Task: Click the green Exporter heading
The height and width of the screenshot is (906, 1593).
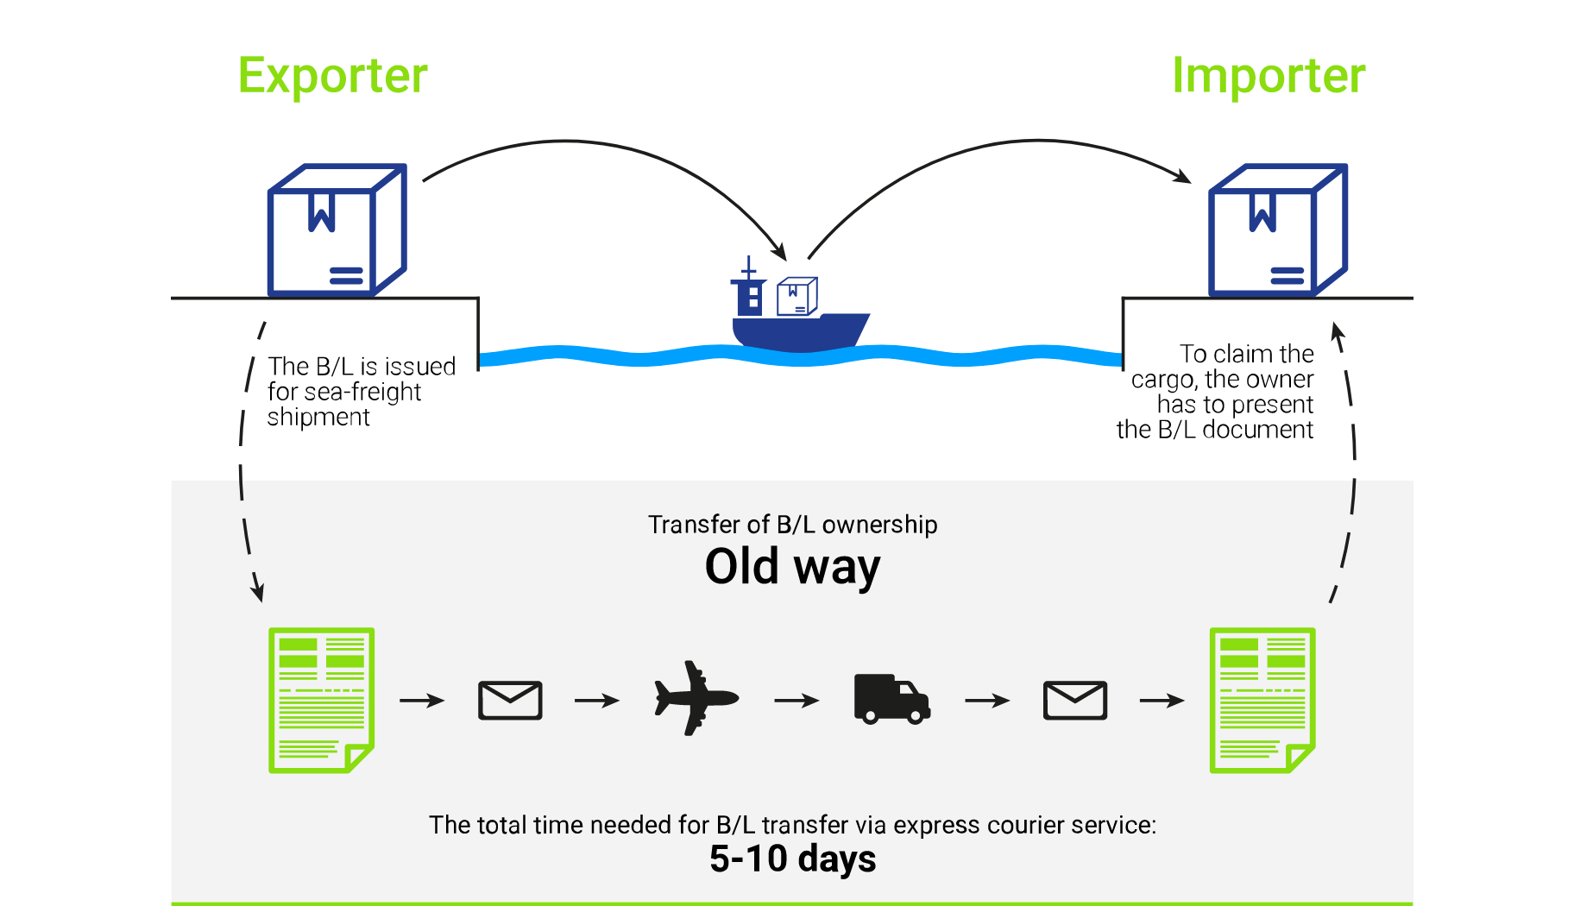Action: coord(332,76)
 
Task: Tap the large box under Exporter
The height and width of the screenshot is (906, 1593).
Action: coord(337,230)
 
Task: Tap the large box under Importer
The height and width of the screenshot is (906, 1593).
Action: coord(1278,230)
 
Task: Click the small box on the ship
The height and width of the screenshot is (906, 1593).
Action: coord(797,296)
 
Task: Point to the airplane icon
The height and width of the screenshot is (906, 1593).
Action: coord(696,698)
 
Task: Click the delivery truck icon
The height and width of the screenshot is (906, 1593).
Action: coord(892,699)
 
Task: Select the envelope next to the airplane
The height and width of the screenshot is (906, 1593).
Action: coord(510,700)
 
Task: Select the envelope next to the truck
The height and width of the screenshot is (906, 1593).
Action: coord(1075,700)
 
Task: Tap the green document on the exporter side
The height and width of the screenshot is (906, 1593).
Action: coord(321,700)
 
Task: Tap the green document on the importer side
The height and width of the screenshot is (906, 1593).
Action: coord(1262,700)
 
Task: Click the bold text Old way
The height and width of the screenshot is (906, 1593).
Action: coord(792,568)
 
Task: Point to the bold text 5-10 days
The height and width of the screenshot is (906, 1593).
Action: coord(792,859)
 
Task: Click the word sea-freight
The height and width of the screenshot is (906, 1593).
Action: coord(362,393)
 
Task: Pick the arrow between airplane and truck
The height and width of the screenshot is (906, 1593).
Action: coord(796,701)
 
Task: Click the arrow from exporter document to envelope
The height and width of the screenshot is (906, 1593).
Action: coord(422,701)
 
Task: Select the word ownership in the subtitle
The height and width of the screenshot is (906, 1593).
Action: coord(879,525)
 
